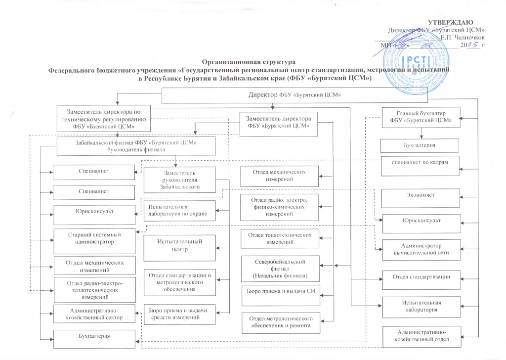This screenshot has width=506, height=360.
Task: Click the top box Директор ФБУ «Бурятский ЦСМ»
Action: [295, 94]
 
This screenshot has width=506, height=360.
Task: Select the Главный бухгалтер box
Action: [421, 117]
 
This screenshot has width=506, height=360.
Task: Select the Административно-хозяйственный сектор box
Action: [94, 313]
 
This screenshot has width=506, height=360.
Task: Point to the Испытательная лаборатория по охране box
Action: [180, 211]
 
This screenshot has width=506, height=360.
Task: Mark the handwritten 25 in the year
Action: [474, 45]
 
